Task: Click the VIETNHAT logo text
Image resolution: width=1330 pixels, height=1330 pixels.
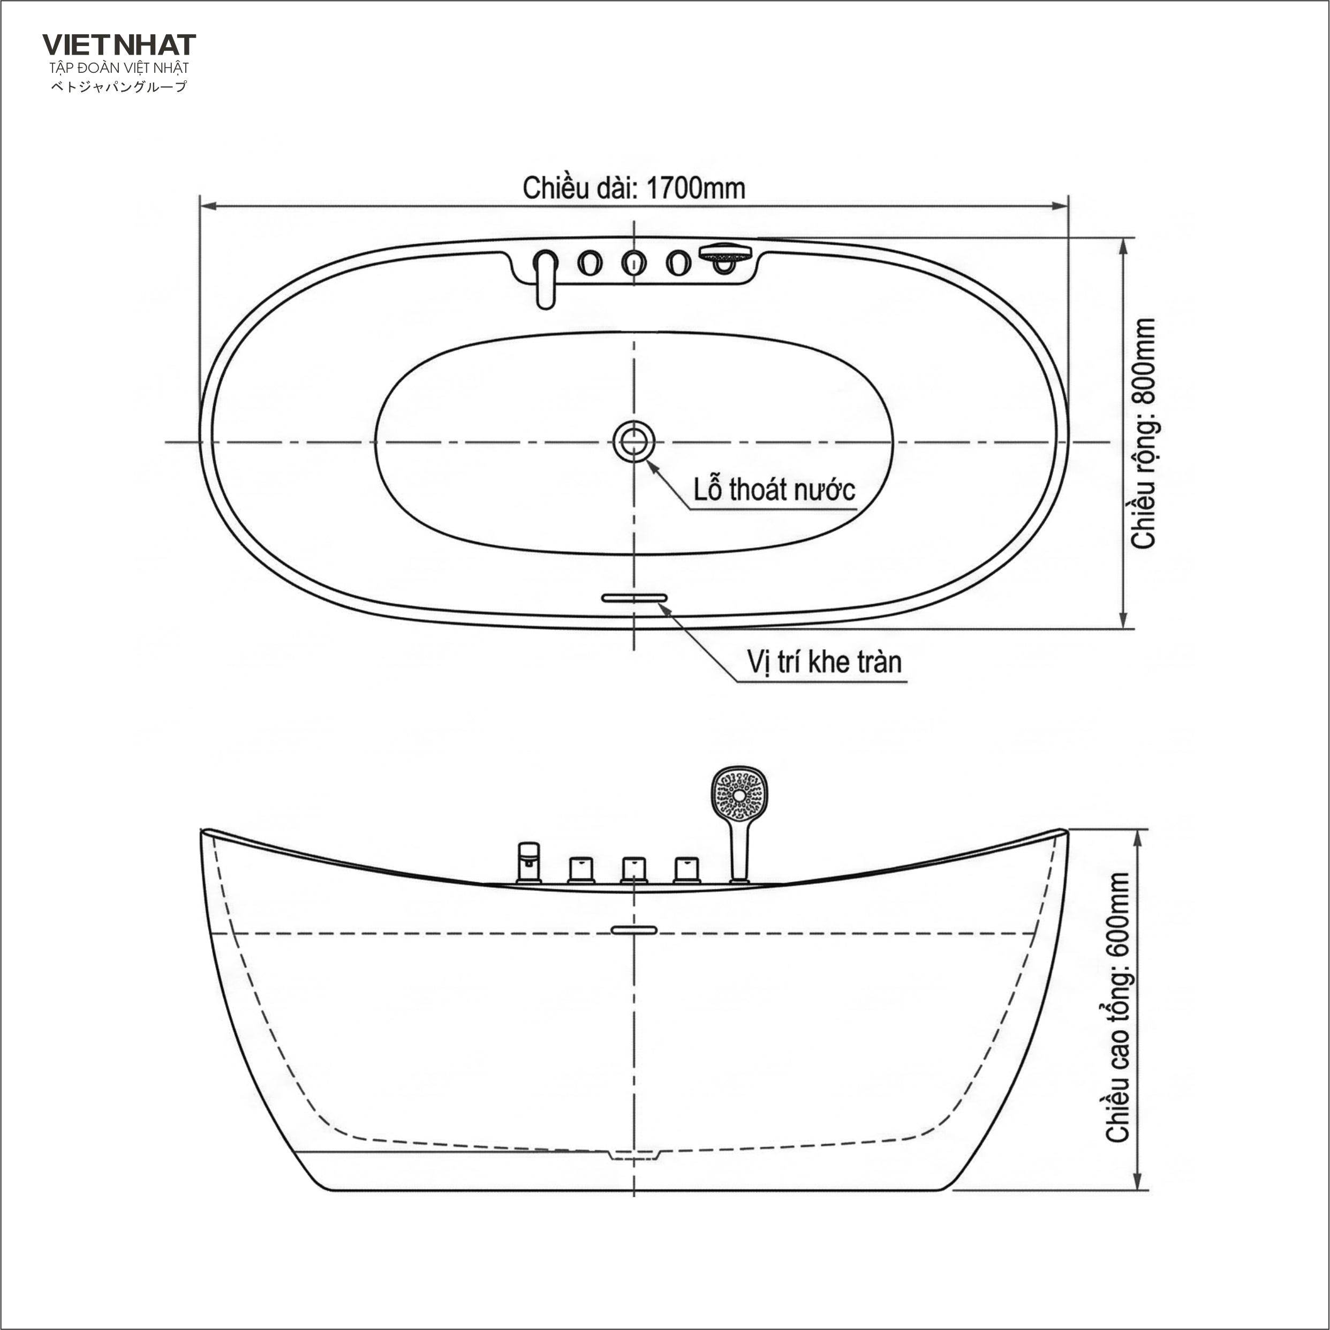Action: tap(119, 45)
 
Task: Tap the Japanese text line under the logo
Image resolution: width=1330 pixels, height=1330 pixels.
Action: tap(119, 87)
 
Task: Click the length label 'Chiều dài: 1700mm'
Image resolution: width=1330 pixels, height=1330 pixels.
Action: tap(634, 188)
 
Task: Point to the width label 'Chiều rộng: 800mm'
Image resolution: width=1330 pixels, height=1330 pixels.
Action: tap(1144, 433)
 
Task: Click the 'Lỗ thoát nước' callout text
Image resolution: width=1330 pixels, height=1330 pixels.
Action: tap(774, 490)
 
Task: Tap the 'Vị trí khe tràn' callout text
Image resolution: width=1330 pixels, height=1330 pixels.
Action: tap(824, 662)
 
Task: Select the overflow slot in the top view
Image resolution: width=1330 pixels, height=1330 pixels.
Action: tap(634, 598)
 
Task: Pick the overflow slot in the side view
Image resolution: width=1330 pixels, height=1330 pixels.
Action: tap(634, 930)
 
